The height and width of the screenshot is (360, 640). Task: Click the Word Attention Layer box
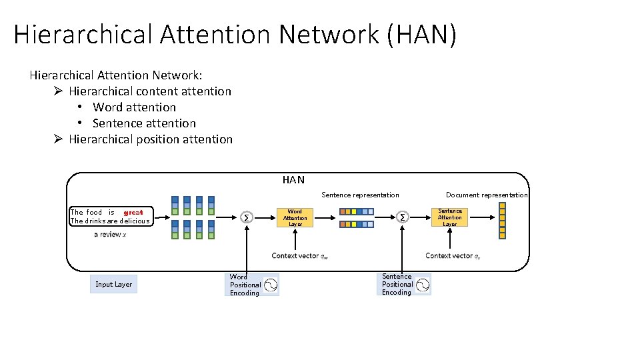pos(295,218)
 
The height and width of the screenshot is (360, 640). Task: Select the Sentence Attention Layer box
pos(450,217)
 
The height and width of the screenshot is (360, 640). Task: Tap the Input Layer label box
pos(113,284)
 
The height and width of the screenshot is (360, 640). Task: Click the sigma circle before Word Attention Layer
pos(247,218)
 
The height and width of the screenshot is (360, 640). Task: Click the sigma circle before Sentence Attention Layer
pos(403,217)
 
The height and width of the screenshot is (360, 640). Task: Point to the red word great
pos(133,213)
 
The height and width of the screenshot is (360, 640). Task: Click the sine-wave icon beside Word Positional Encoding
pos(271,285)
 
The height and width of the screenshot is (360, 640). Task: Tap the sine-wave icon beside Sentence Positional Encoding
pos(423,285)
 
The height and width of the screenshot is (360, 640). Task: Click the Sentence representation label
pos(360,195)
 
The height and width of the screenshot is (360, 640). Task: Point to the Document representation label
pos(487,195)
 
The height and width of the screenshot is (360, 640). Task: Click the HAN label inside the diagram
pos(293,180)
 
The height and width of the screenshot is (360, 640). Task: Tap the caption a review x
pos(110,235)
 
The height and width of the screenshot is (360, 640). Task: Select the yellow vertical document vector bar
pos(503,219)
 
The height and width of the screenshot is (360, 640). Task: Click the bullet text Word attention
pos(135,107)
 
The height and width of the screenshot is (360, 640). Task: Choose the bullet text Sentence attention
pos(144,123)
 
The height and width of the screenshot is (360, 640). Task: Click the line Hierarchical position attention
pos(151,139)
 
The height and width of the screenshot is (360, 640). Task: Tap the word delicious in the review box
pos(135,221)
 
